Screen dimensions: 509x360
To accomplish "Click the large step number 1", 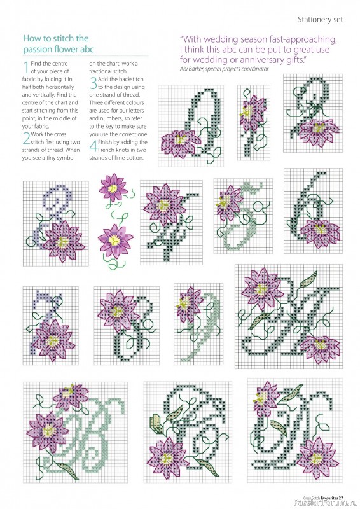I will [25, 66].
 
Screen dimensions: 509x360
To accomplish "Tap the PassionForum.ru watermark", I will [324, 498].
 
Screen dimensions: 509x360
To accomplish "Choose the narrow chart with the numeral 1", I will [254, 117].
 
